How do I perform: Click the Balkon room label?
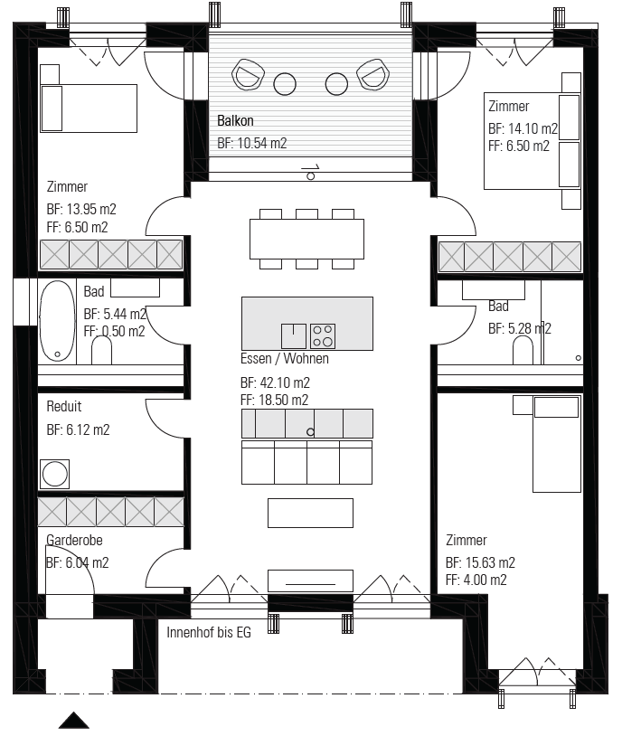pos(235,120)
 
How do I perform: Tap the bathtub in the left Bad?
pos(57,321)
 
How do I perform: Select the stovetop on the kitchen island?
pos(323,336)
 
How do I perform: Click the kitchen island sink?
pos(294,336)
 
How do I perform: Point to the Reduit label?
pos(64,406)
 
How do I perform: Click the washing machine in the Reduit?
pos(54,474)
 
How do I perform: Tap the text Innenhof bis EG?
pos(209,632)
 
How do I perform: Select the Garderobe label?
pos(74,541)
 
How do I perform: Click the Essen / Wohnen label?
pos(285,359)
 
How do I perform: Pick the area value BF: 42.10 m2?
pos(275,382)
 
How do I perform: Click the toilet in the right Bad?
pos(523,350)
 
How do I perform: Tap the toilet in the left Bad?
pos(101,350)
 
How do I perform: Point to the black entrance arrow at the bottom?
pos(73,721)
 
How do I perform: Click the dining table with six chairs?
pos(306,239)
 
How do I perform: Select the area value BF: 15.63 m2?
pos(480,562)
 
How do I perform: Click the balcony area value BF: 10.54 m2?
pos(252,143)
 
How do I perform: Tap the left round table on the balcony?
pos(285,84)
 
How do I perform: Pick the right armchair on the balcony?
pos(373,74)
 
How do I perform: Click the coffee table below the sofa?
pos(311,513)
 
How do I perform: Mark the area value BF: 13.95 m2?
pos(81,209)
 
